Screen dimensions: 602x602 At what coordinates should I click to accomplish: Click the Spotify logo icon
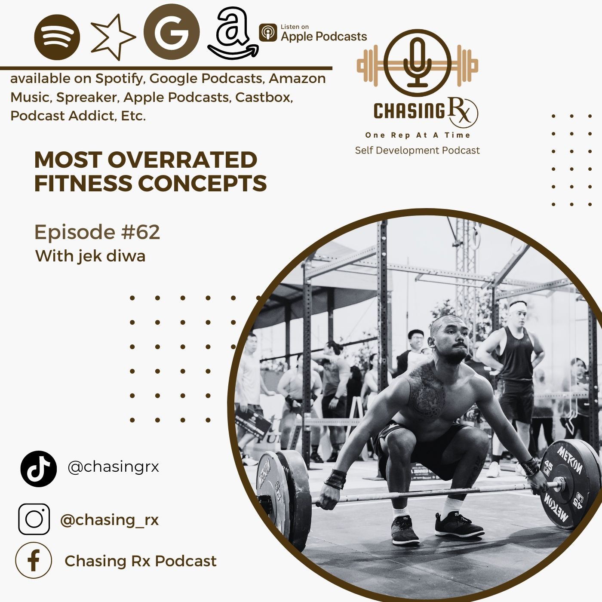click(x=57, y=37)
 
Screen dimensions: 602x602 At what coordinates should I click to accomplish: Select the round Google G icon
click(x=172, y=31)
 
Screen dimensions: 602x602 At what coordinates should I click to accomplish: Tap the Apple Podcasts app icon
click(x=268, y=33)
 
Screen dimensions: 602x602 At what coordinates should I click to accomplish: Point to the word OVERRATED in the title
click(x=182, y=160)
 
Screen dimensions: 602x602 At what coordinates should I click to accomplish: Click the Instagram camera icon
click(x=34, y=519)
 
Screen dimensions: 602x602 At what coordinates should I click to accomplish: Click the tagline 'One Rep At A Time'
click(x=418, y=135)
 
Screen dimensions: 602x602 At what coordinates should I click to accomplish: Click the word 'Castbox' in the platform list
click(x=264, y=97)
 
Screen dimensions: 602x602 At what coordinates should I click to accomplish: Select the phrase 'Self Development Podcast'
click(x=418, y=150)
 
